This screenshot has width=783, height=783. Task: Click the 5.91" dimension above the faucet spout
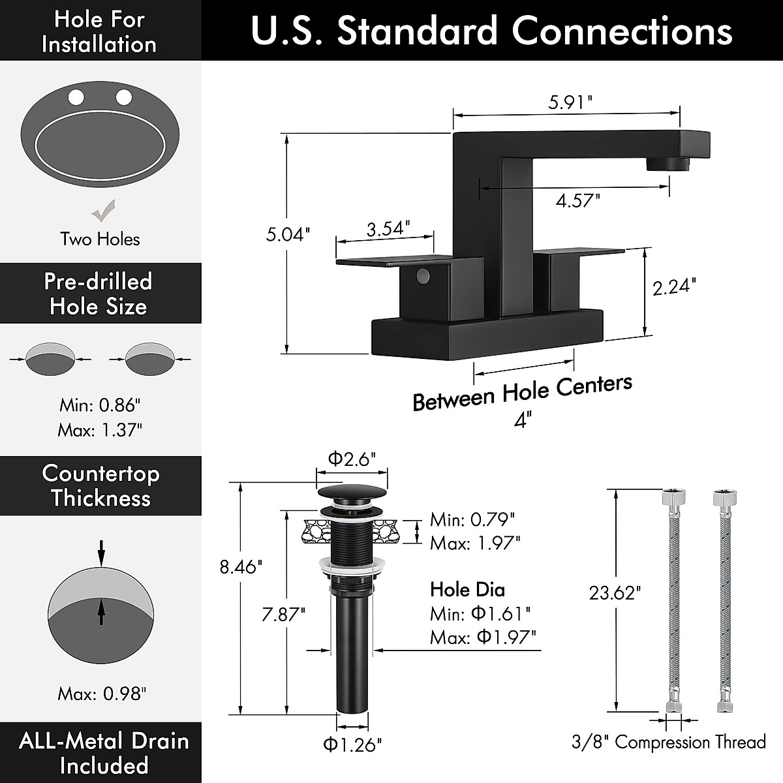point(570,102)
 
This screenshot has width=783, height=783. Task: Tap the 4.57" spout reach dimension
point(577,200)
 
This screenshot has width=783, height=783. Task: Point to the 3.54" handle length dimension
point(388,228)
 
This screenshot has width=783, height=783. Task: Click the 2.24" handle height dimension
point(674,286)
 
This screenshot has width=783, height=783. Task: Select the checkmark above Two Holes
point(103,211)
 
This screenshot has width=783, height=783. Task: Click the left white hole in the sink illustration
point(76,98)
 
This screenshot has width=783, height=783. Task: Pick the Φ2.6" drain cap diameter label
point(352,459)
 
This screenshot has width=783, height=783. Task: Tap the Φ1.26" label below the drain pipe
point(352,744)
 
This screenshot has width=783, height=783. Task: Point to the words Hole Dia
point(467,590)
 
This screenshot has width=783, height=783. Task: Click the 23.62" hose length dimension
point(615,592)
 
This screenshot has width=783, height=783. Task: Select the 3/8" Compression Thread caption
point(668,742)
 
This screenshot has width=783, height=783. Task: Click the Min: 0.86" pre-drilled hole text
point(100,405)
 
